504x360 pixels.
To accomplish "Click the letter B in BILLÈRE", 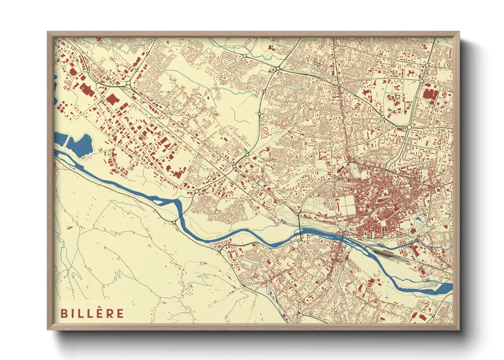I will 64,313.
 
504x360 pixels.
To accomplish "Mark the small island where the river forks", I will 163,201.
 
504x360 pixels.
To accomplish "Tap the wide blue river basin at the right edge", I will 443,289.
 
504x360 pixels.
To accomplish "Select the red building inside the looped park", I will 414,230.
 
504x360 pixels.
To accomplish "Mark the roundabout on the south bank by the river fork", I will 174,222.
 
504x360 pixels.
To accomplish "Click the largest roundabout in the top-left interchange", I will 129,83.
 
